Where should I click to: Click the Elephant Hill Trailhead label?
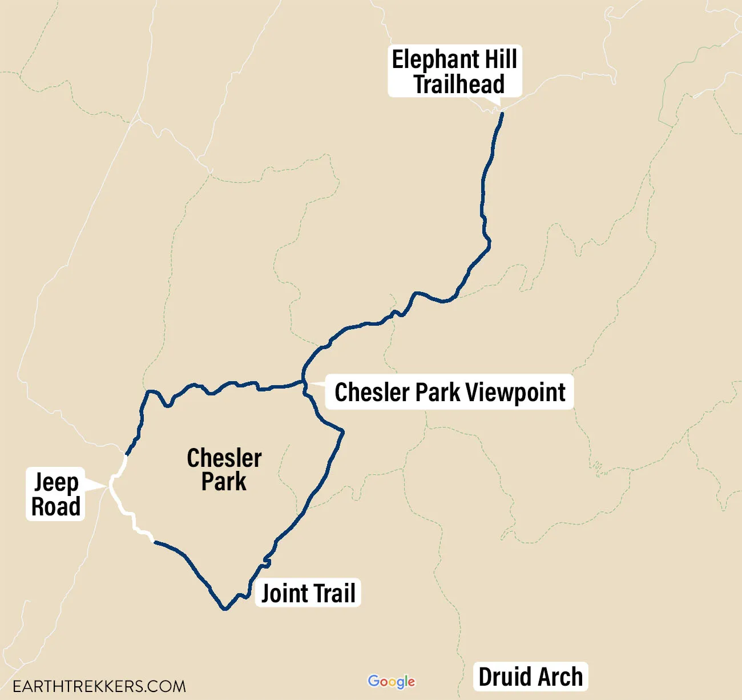[x=455, y=71]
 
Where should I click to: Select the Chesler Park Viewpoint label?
[x=450, y=393]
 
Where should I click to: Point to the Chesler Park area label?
[x=224, y=470]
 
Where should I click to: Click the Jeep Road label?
[x=55, y=494]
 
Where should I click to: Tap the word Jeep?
[x=56, y=483]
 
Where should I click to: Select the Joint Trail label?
[x=308, y=593]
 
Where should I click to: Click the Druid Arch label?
[x=530, y=677]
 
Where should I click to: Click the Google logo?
[x=392, y=681]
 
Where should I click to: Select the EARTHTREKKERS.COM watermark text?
[x=99, y=686]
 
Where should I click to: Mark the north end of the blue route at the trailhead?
[x=502, y=114]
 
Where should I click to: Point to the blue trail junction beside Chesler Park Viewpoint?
[x=304, y=382]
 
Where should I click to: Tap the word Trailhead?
[x=459, y=84]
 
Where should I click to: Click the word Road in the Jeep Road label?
[x=55, y=507]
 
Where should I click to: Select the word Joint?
[x=284, y=593]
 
